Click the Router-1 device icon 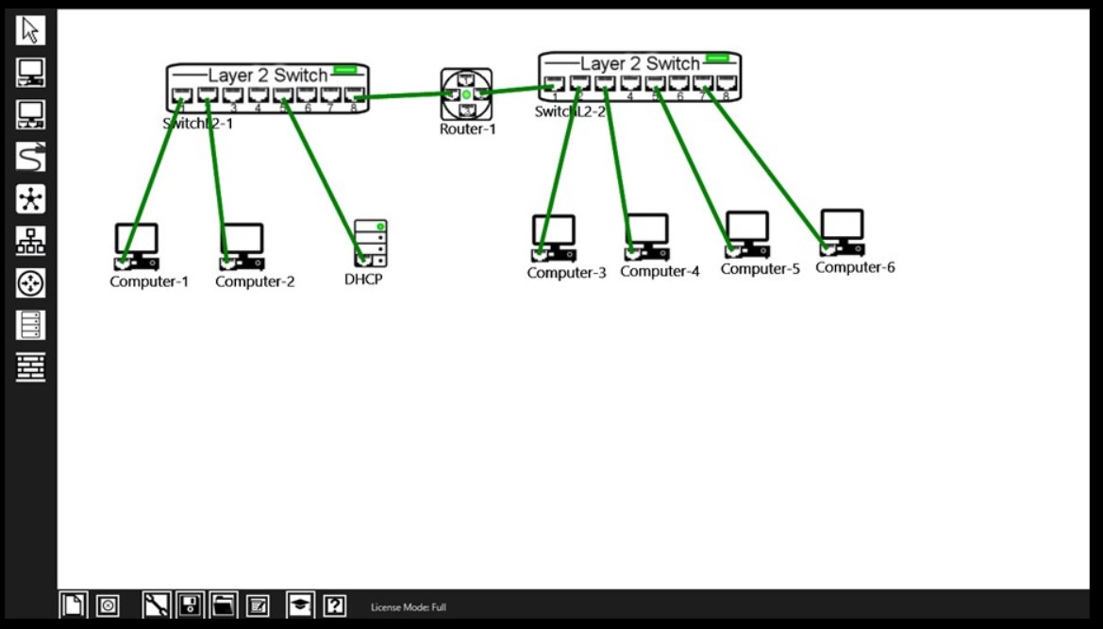466,93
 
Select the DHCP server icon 371,243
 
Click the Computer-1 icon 136,246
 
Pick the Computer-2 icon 242,246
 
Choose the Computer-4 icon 647,236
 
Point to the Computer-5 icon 747,234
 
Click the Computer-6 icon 842,232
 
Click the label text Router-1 467,129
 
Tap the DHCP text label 363,280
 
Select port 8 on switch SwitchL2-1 354,94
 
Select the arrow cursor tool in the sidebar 30,30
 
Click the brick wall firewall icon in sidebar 30,366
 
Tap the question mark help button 334,605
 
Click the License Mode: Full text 409,606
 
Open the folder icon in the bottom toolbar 223,605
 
